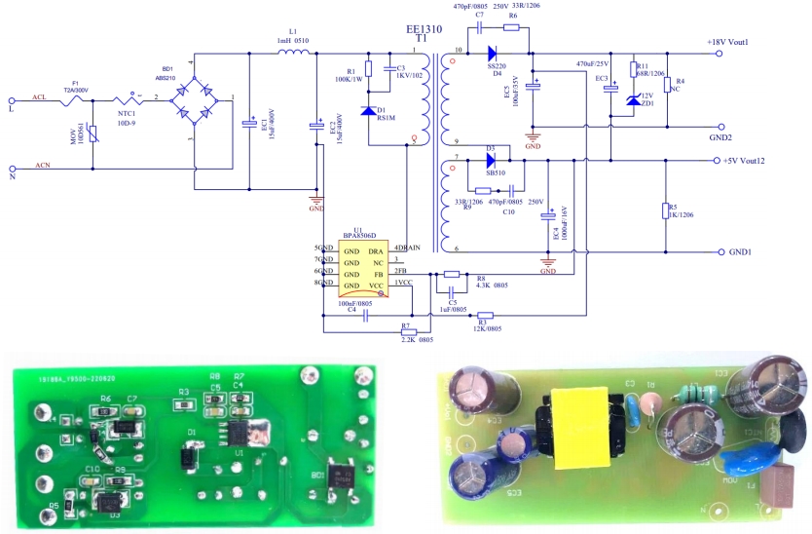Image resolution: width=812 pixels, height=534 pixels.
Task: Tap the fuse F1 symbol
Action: tap(76, 98)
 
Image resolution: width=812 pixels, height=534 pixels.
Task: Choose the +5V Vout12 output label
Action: tap(752, 161)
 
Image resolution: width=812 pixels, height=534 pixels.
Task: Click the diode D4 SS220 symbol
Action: tap(492, 54)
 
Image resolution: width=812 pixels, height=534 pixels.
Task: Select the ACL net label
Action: tap(39, 98)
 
